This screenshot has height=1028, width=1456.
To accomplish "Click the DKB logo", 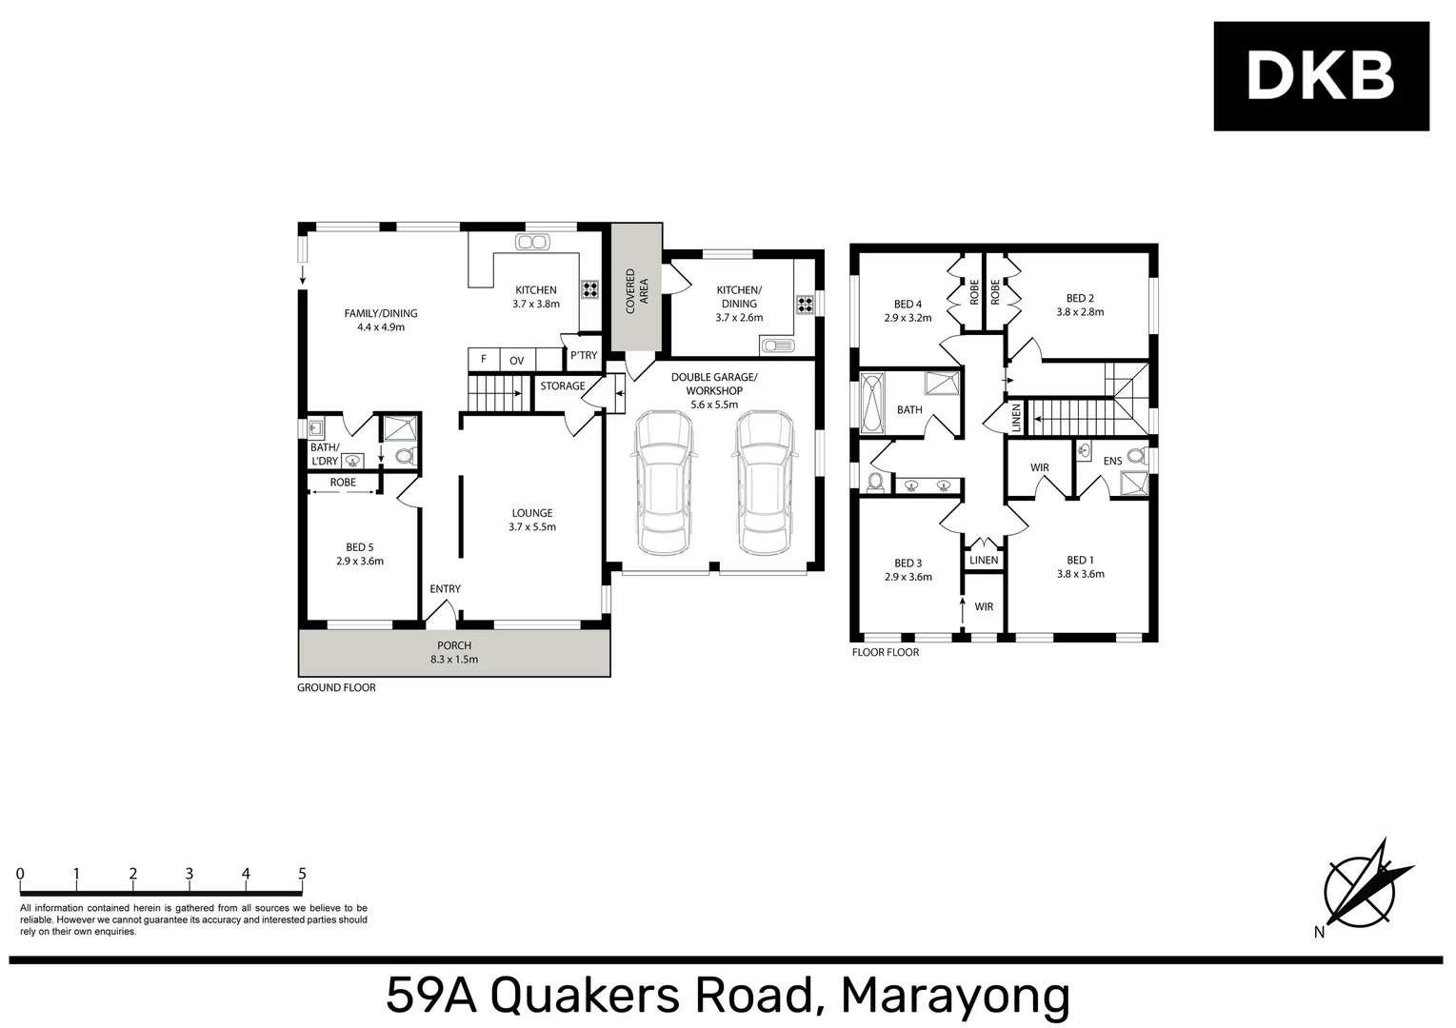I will tap(1320, 76).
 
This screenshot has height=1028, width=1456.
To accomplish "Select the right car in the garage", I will tap(764, 484).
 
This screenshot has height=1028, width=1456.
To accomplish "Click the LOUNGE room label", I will tap(531, 513).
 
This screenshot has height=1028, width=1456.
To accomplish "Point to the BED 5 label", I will tap(359, 547).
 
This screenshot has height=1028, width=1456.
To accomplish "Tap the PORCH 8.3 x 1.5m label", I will tap(454, 652).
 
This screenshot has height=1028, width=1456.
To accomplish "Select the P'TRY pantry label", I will tap(583, 356).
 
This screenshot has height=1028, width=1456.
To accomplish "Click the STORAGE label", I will tap(562, 385).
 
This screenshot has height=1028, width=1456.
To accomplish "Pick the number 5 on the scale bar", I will tap(302, 874).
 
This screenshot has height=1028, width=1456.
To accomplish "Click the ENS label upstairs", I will tap(1111, 462).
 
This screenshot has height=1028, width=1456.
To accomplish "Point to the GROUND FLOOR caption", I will tap(336, 687).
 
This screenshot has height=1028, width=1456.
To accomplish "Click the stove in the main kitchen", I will tap(589, 290).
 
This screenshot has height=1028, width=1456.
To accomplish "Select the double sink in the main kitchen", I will tap(531, 242).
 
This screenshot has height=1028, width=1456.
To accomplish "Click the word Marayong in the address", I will tap(955, 997).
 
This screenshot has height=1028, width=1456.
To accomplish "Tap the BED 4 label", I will tap(908, 305).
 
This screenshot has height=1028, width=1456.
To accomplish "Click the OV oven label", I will tap(516, 360).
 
